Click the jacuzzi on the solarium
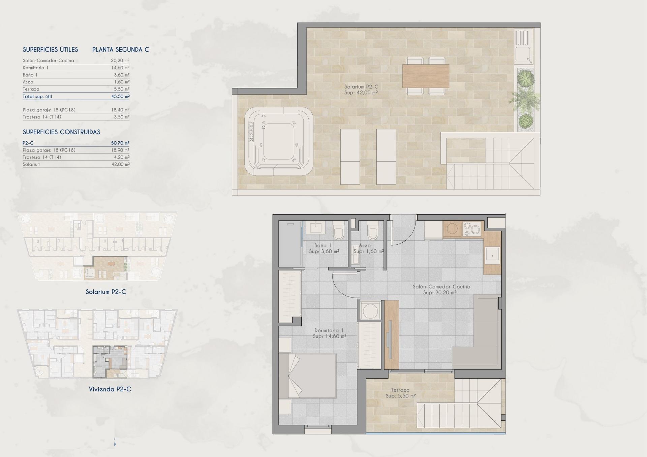click(x=279, y=141)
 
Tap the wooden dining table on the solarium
click(x=426, y=76)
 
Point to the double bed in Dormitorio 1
click(x=307, y=376)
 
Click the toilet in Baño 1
click(x=338, y=231)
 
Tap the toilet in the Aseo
click(x=372, y=230)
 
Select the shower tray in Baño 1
click(x=290, y=244)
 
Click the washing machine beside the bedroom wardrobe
click(x=370, y=310)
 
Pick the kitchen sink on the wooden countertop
click(x=492, y=256)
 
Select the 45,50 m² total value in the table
click(x=120, y=97)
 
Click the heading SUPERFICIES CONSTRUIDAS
click(x=61, y=132)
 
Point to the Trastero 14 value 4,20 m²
click(x=120, y=157)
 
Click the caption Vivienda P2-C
click(x=110, y=389)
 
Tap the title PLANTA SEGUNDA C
click(x=120, y=50)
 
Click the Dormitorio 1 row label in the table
click(x=36, y=68)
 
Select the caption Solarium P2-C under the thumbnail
click(x=105, y=292)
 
